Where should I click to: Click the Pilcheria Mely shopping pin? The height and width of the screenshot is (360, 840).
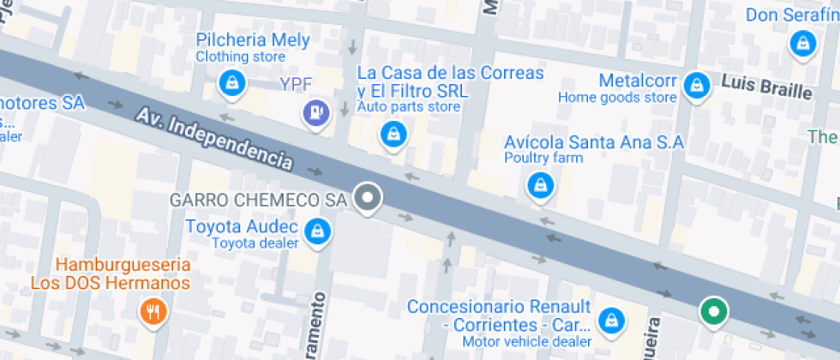pyautogui.click(x=231, y=82)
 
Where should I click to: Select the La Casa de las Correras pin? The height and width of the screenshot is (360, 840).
pyautogui.click(x=393, y=133)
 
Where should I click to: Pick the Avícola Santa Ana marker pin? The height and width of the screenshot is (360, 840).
pyautogui.click(x=540, y=183)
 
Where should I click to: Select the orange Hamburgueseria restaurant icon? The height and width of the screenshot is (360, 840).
pyautogui.click(x=154, y=310)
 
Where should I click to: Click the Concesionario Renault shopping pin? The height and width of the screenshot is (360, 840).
pyautogui.click(x=611, y=319)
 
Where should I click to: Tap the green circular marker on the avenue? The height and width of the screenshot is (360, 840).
pyautogui.click(x=713, y=311)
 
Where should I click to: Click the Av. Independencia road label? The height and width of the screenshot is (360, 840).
pyautogui.click(x=214, y=136)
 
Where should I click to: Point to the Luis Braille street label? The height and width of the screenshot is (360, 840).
pyautogui.click(x=765, y=87)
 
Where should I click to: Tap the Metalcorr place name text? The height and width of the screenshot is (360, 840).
pyautogui.click(x=639, y=81)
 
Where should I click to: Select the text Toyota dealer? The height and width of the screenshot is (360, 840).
pyautogui.click(x=255, y=243)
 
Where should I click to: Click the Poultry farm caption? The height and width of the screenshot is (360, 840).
pyautogui.click(x=543, y=158)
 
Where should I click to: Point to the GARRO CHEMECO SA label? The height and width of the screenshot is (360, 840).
pyautogui.click(x=258, y=200)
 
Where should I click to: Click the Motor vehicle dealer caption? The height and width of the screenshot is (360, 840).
pyautogui.click(x=527, y=342)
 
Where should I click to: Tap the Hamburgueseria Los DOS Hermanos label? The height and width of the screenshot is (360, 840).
pyautogui.click(x=110, y=274)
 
